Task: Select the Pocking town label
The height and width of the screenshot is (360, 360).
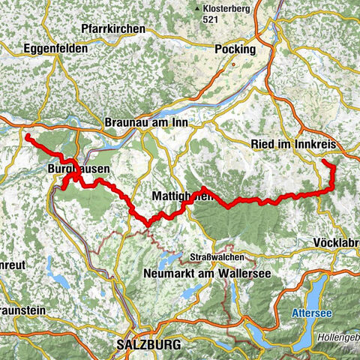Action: [235, 49]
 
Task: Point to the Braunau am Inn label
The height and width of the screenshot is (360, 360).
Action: [147, 122]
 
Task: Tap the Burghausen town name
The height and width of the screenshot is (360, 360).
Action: [78, 169]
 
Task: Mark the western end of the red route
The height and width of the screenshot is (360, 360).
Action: [28, 137]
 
